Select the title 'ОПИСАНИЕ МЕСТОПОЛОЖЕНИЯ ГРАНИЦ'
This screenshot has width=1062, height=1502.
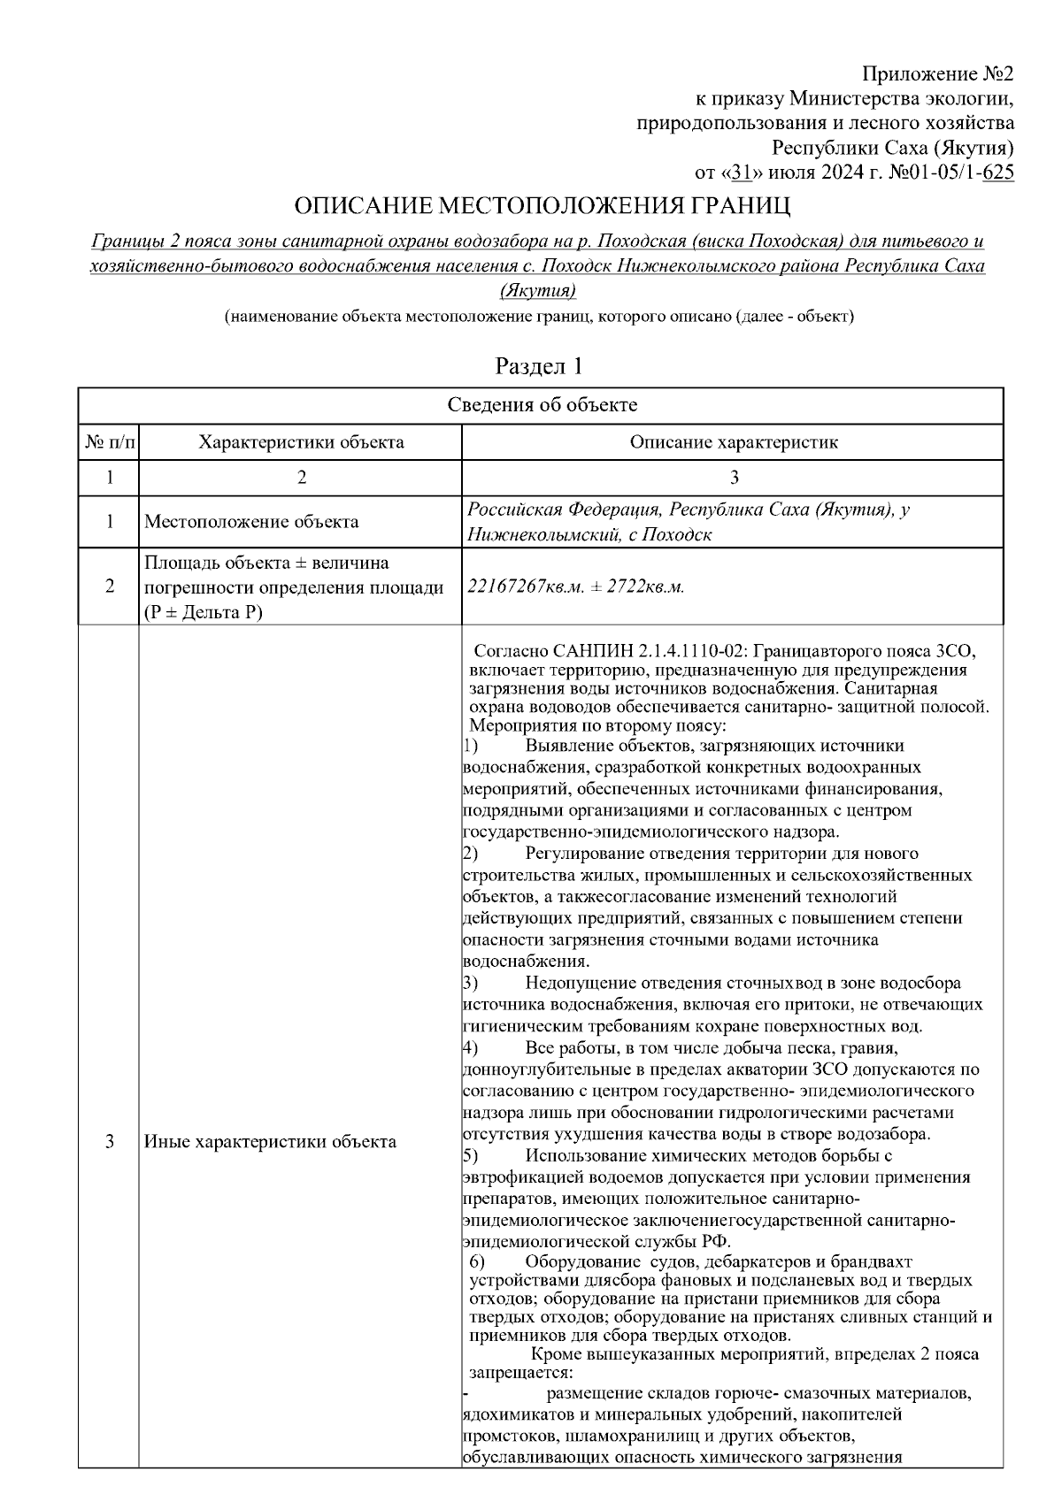tap(542, 207)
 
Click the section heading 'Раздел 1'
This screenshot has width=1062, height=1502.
tap(540, 365)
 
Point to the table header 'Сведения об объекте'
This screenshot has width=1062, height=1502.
tap(542, 405)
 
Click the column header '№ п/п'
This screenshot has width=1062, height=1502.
tap(110, 441)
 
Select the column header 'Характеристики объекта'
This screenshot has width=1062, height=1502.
tap(301, 441)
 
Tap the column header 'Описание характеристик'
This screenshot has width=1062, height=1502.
tap(733, 441)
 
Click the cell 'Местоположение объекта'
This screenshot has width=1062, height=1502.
tap(251, 522)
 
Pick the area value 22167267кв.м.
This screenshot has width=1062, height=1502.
tap(524, 586)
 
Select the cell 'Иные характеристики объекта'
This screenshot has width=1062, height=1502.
tap(270, 1141)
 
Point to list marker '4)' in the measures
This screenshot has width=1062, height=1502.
tap(471, 1048)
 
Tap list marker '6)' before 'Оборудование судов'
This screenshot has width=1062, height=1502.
tap(478, 1261)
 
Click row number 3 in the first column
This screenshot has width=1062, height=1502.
tap(110, 1141)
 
